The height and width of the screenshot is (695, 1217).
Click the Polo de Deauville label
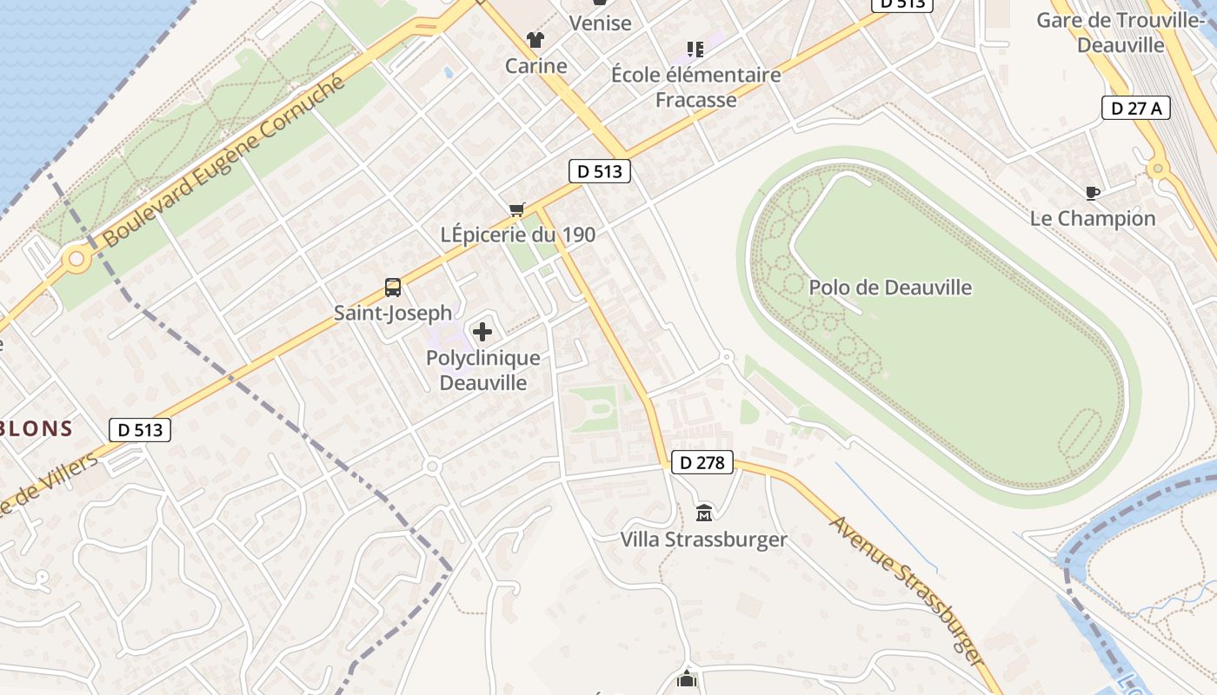[890, 288]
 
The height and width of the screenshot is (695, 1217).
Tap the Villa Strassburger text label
[703, 539]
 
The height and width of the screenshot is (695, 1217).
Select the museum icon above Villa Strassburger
[704, 513]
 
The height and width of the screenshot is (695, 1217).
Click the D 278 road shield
[702, 462]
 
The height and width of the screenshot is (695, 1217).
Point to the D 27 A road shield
[1136, 108]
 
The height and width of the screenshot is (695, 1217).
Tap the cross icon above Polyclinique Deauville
[482, 331]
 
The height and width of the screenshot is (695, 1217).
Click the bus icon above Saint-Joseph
[393, 288]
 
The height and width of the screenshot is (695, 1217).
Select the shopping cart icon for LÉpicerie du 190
[517, 209]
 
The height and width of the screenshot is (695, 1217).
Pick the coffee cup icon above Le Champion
[1093, 193]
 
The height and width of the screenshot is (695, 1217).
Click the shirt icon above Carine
[535, 40]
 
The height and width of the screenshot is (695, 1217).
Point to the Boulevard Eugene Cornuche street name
[223, 162]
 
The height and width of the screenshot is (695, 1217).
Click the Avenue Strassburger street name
[908, 591]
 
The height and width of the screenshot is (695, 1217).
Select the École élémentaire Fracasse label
[695, 87]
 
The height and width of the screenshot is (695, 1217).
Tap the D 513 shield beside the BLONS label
[140, 429]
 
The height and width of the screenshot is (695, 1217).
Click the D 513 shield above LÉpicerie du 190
[600, 171]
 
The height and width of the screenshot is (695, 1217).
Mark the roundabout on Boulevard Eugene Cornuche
[76, 258]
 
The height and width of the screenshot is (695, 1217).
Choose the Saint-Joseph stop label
[393, 313]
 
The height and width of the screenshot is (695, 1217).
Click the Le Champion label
[1093, 218]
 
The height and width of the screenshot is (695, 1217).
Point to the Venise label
[600, 23]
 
